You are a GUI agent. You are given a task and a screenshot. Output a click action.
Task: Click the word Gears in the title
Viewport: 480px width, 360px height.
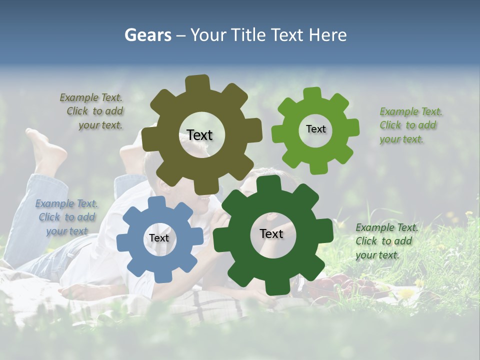point(147,35)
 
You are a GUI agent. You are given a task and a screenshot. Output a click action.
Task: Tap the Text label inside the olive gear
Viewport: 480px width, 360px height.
point(199,135)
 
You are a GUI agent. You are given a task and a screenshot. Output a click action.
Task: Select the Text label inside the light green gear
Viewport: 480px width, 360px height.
point(315,129)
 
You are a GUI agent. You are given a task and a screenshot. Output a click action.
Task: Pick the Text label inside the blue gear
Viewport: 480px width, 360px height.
point(159,238)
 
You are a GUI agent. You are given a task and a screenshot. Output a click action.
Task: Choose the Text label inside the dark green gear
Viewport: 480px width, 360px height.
point(271,233)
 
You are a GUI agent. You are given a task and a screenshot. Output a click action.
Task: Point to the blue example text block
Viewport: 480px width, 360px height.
point(66,217)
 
